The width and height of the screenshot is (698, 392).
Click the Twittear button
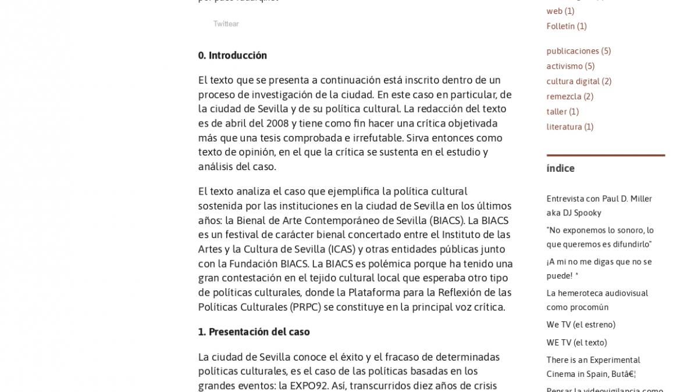pos(226,24)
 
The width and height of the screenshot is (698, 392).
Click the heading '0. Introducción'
pos(232,56)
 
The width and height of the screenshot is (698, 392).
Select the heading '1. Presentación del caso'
pos(254,332)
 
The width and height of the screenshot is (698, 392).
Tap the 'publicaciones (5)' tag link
pos(578,51)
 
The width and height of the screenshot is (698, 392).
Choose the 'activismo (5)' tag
pos(570,66)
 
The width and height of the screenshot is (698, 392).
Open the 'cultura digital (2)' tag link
pos(579,81)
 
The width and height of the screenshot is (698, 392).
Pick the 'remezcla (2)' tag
pos(569,96)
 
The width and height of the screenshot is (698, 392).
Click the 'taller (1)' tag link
pos(562,112)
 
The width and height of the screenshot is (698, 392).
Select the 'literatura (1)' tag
pos(569,127)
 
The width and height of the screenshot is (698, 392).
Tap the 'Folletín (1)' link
pos(566,26)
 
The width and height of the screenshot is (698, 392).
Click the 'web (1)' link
pos(560,11)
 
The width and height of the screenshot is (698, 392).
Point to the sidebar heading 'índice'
pos(560,168)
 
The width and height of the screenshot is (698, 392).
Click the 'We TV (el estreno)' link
pos(581,325)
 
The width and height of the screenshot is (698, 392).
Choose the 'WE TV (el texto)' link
pos(576,343)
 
